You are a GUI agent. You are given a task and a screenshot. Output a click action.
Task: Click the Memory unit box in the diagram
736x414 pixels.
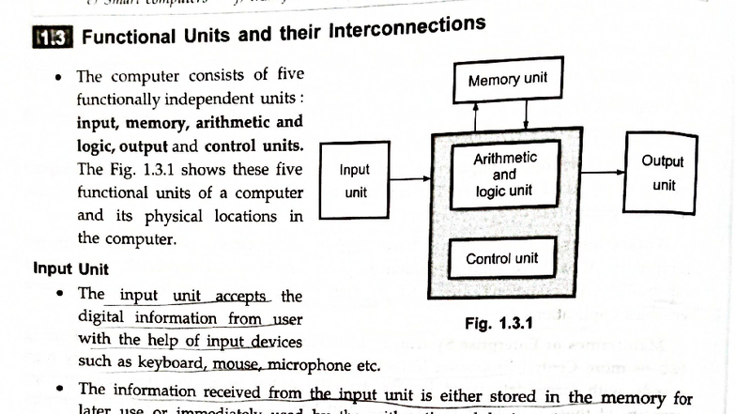coord(507,80)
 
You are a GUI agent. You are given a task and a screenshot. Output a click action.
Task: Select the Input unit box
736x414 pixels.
coord(355,181)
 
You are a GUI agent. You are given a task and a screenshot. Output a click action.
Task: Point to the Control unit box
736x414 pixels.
coord(502,258)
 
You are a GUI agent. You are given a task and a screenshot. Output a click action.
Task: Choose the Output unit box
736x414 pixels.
coord(663,174)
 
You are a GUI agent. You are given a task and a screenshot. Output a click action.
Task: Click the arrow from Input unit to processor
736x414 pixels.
coord(409,177)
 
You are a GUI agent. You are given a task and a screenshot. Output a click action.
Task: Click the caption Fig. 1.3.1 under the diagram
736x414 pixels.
coord(498,324)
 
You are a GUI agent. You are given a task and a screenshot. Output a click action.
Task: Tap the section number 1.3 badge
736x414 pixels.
coord(53,38)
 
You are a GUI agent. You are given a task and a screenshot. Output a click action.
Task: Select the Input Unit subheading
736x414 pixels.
coord(71,268)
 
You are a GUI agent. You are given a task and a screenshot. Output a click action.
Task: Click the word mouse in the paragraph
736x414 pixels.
coord(234,364)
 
